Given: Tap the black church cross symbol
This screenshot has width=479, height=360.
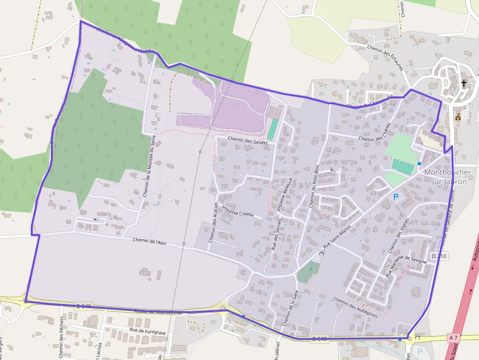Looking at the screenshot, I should (x=464, y=84).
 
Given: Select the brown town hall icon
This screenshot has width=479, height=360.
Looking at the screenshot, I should (x=458, y=117).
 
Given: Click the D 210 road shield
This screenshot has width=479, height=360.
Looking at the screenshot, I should (x=439, y=256).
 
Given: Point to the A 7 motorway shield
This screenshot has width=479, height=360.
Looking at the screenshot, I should (x=453, y=338).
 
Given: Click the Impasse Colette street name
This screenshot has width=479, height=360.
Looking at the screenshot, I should (x=238, y=211).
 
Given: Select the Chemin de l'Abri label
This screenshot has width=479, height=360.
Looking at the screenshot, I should (x=150, y=241).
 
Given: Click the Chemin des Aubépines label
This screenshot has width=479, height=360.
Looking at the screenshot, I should (x=355, y=307).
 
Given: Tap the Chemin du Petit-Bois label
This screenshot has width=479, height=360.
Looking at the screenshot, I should (x=314, y=186).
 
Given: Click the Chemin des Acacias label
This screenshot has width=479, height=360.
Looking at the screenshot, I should (x=213, y=222).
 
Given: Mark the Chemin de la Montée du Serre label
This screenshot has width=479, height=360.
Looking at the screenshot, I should (x=149, y=165).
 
